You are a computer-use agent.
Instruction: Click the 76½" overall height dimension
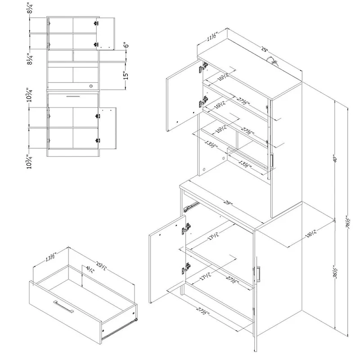pos(347,222)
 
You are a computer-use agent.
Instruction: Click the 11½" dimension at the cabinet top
pos(210,37)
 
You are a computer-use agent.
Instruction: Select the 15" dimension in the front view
pos(126,72)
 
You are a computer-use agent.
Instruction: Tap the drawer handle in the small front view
pos(73,96)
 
